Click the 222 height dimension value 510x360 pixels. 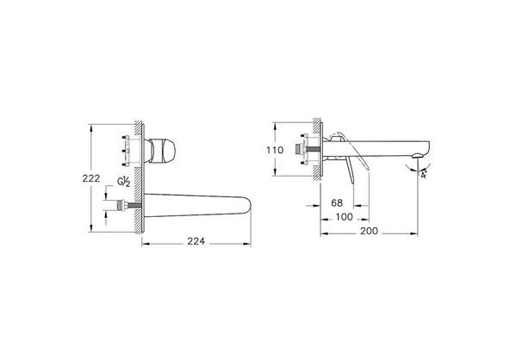102,178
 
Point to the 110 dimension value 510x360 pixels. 274,149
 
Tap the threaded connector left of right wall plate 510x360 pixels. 302,148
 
